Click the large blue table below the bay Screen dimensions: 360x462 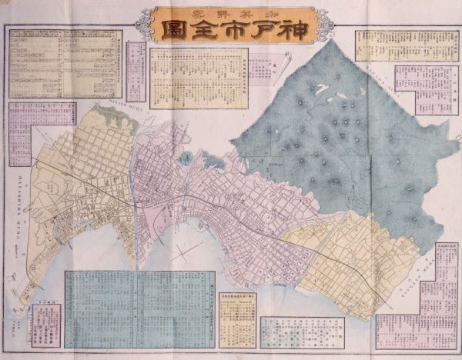(x=136, y=308)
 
